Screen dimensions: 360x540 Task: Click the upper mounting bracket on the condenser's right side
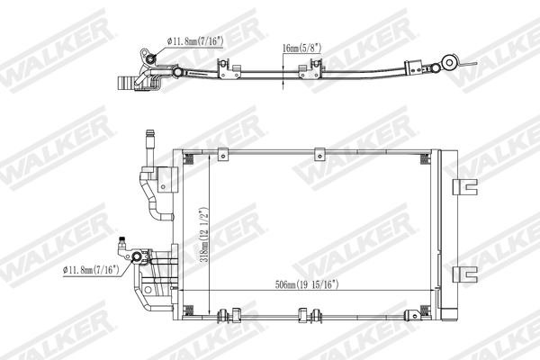point(464,187)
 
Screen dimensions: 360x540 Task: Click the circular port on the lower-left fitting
point(139,259)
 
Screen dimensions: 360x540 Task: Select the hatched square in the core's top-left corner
point(190,158)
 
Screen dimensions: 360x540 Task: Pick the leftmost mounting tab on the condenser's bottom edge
point(225,315)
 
